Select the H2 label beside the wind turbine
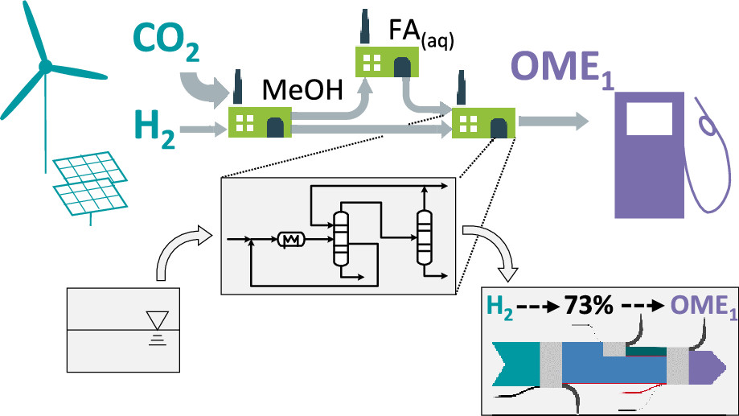(154, 130)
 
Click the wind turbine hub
(46, 64)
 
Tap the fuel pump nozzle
(708, 124)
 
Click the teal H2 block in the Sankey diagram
(515, 359)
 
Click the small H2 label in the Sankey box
(499, 307)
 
